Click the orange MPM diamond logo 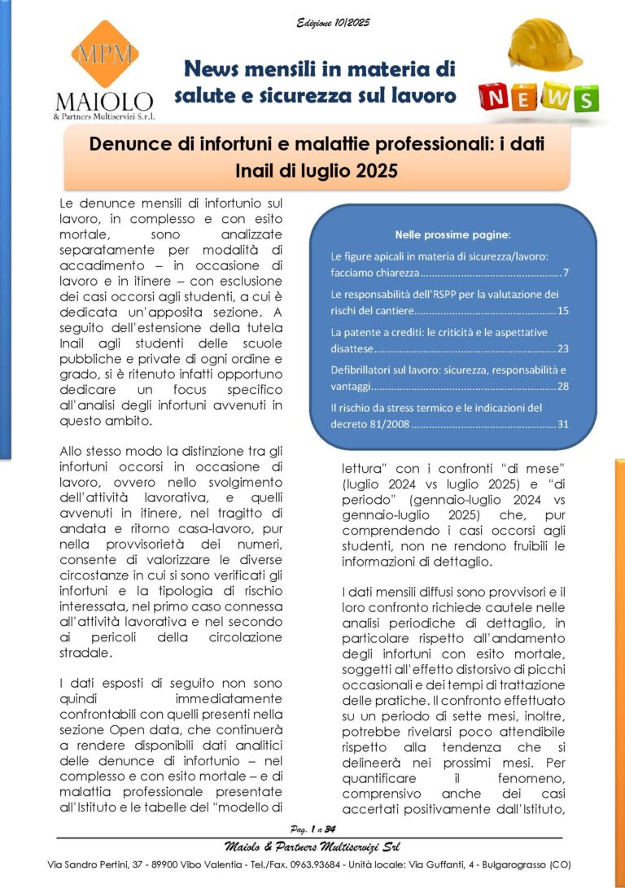tap(103, 55)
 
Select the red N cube tap(495, 98)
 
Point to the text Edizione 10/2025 tap(333, 23)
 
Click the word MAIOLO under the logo tap(103, 102)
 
